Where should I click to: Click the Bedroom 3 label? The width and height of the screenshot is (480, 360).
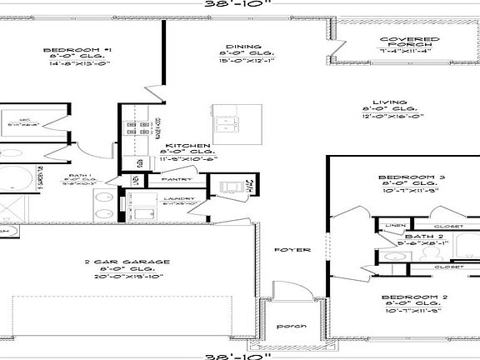[407, 177]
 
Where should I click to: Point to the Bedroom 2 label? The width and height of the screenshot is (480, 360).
[408, 297]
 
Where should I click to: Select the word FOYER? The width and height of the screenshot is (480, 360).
[293, 249]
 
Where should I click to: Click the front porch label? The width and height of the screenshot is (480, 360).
[292, 325]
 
